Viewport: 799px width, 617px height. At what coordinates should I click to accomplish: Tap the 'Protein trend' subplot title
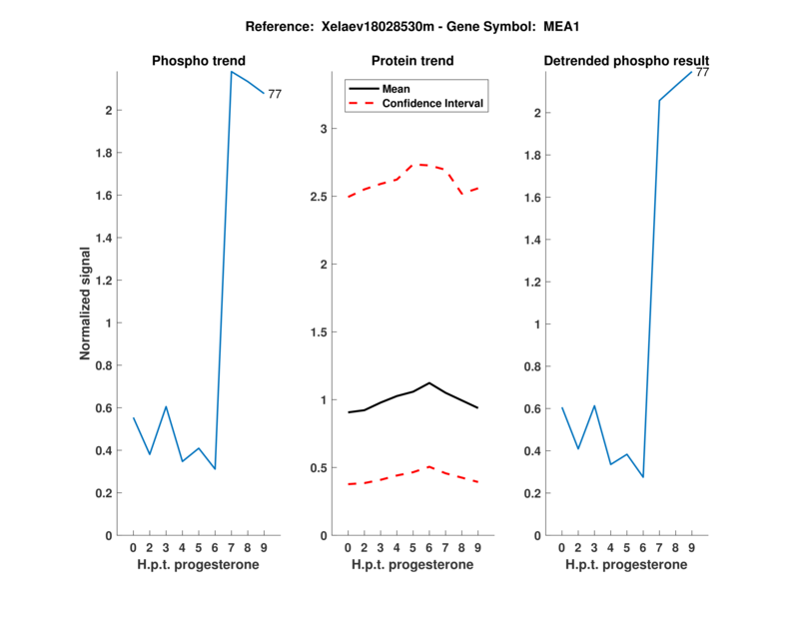tap(413, 61)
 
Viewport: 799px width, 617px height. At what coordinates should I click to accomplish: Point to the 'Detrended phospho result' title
tap(626, 61)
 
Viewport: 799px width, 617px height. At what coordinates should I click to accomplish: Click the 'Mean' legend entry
tap(397, 89)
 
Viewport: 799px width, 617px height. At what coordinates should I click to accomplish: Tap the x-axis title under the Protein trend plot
tap(412, 565)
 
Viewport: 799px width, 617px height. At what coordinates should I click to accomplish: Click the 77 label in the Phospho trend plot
tap(275, 94)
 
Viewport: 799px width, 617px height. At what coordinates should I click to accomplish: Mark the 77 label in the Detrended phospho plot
tap(702, 72)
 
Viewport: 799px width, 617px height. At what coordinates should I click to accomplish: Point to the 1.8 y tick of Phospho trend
tap(103, 153)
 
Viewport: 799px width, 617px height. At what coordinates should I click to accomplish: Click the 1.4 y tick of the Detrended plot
tap(530, 240)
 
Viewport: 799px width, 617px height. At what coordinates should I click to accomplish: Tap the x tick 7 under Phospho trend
tap(231, 548)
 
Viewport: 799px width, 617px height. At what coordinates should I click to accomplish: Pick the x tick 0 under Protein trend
tap(348, 548)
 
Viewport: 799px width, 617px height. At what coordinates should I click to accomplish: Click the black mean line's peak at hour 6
tap(428, 382)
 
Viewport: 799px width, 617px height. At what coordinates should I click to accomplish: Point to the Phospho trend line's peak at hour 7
tap(231, 72)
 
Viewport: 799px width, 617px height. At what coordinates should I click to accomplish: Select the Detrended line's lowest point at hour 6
tap(643, 477)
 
